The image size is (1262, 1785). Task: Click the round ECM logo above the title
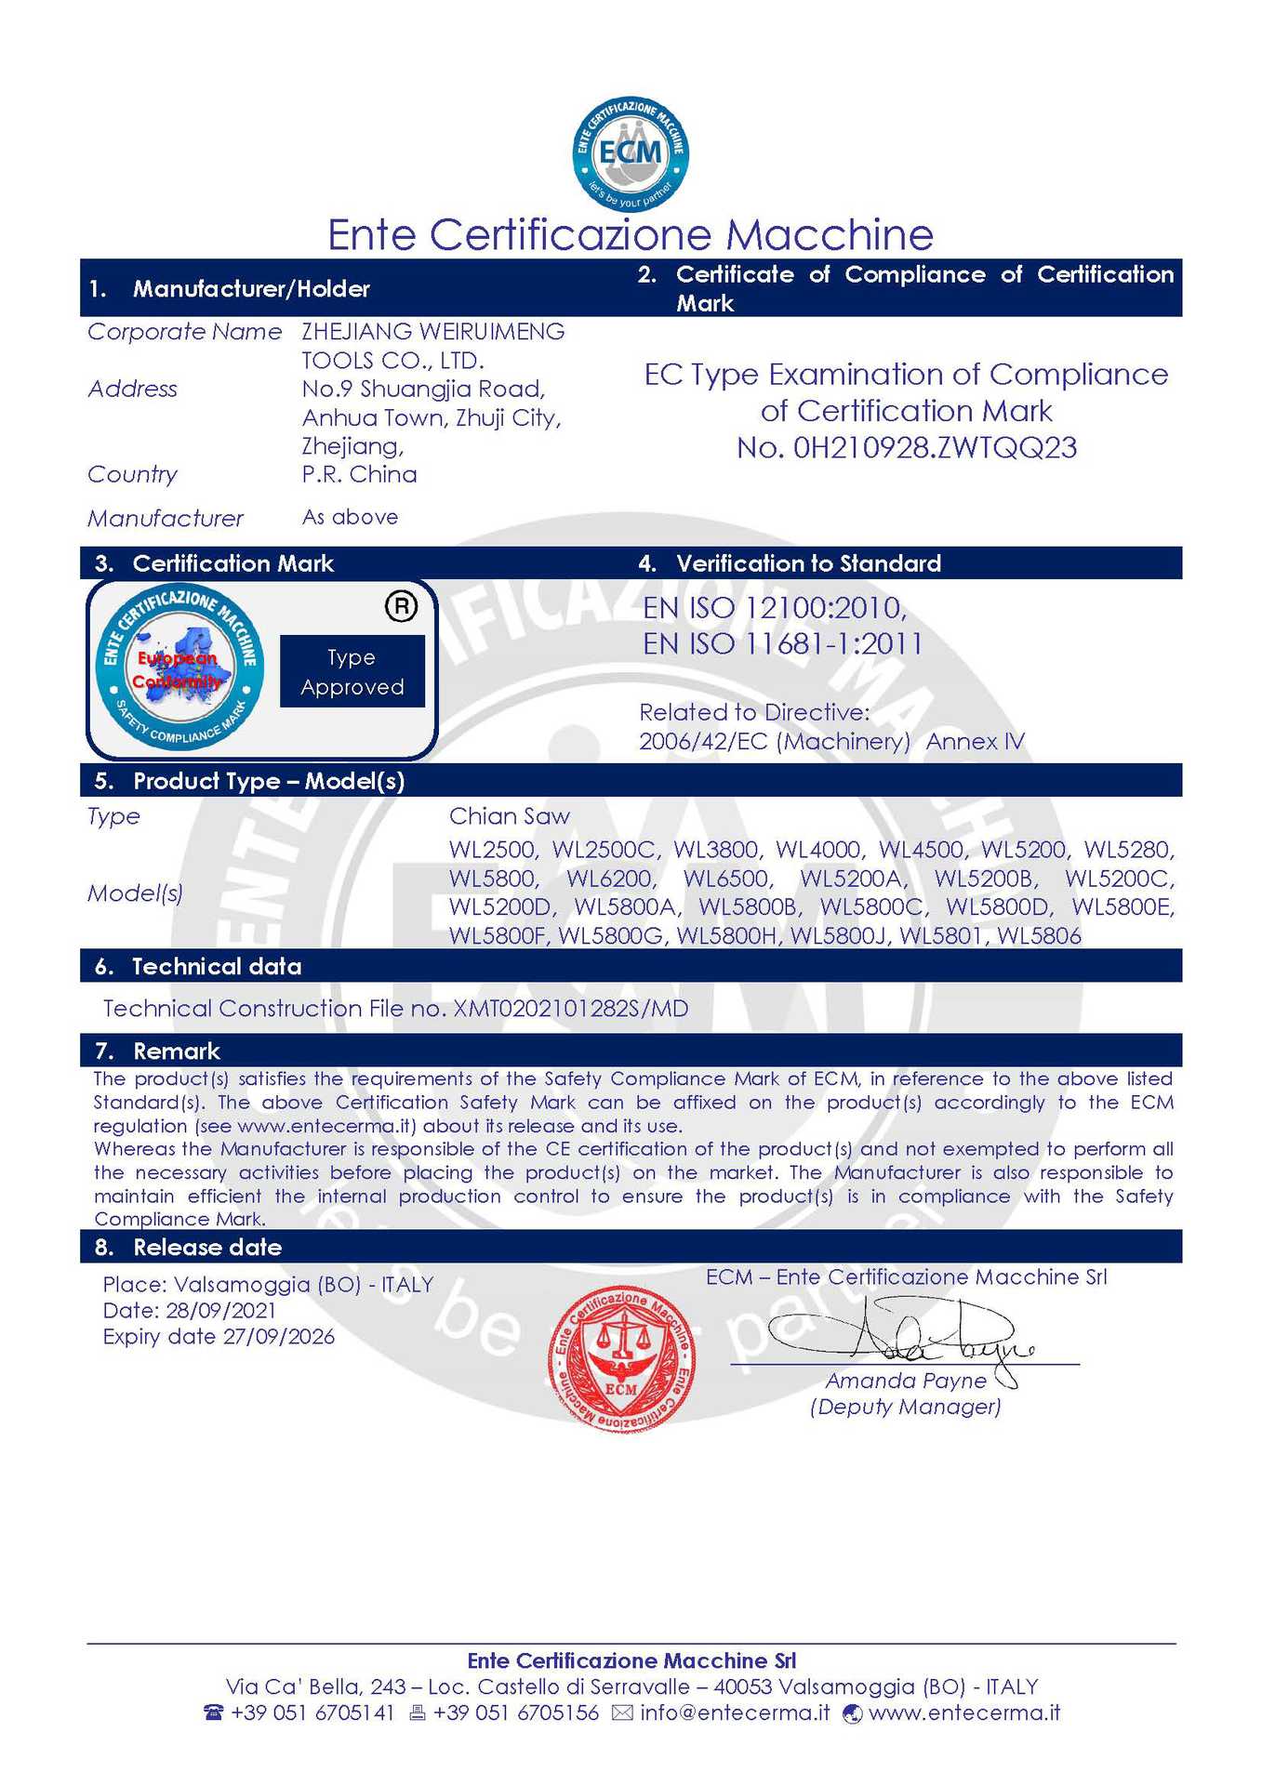[631, 154]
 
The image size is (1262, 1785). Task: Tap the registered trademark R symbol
[401, 606]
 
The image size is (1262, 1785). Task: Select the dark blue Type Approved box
[352, 672]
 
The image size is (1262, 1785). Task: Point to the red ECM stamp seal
[621, 1356]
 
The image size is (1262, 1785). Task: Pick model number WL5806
[1039, 936]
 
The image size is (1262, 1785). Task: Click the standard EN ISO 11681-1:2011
[782, 643]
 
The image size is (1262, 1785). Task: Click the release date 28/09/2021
[220, 1311]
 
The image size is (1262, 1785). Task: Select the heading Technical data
[217, 967]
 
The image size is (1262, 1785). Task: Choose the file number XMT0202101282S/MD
[570, 1009]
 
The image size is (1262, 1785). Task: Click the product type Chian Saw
[509, 816]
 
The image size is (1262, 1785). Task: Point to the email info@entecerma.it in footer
[735, 1712]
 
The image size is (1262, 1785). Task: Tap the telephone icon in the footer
[214, 1712]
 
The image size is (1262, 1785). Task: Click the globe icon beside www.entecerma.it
[852, 1713]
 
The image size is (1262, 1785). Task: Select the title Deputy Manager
[905, 1407]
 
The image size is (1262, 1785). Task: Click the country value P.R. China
[359, 474]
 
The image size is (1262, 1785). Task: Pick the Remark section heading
[177, 1051]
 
